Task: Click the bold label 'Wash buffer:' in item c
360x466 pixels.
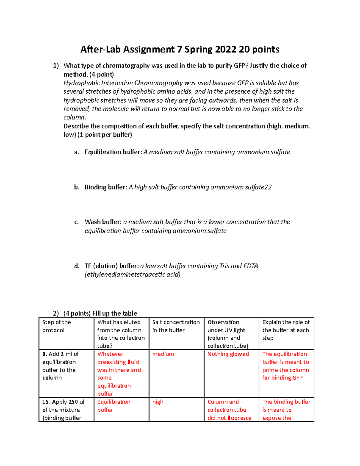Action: click(x=103, y=222)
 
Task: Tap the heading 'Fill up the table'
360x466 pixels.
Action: click(x=114, y=313)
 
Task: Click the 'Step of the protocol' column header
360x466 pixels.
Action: click(x=57, y=326)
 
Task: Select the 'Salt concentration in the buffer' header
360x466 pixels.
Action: click(x=176, y=326)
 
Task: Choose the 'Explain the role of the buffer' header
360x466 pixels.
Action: click(x=286, y=330)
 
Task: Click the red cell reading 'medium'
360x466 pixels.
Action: click(x=163, y=354)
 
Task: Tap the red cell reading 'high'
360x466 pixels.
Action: click(x=158, y=402)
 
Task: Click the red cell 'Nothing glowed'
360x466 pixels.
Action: click(x=228, y=354)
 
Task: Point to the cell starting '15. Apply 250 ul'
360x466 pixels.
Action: click(x=63, y=410)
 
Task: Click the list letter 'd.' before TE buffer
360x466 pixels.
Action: click(x=77, y=266)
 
